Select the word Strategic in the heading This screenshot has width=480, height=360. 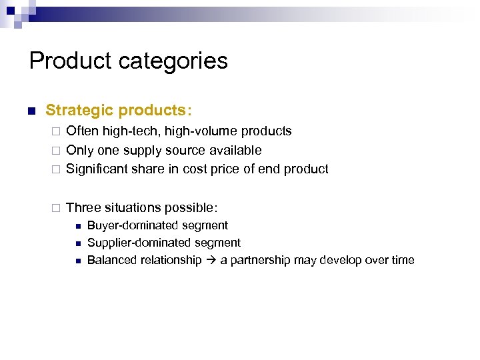pos(77,109)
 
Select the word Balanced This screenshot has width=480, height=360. pos(111,260)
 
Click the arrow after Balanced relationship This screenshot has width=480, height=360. pos(211,260)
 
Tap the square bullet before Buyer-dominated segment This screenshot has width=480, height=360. pos(77,226)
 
